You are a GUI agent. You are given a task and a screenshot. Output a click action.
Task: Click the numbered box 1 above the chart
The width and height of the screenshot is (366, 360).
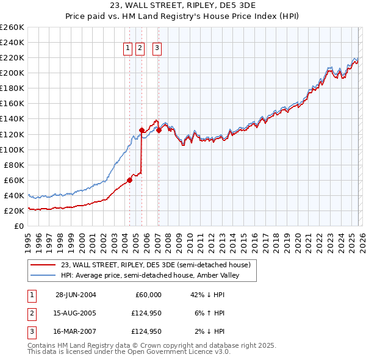coord(128,49)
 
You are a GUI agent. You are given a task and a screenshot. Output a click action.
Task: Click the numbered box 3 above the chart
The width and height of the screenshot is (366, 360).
coord(157,49)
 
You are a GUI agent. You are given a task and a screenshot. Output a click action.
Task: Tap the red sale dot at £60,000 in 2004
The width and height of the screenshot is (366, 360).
coord(130,180)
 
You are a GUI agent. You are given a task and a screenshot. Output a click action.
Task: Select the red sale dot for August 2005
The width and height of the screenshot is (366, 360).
coord(142,130)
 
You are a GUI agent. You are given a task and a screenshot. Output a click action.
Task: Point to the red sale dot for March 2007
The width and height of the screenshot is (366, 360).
coord(159,130)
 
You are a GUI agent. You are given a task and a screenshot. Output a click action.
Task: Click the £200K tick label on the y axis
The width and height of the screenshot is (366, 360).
coord(12,73)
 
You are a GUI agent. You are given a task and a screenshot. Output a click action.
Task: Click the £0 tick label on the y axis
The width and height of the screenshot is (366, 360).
coord(19,226)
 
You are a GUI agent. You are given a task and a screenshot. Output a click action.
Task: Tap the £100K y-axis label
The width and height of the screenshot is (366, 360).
coord(12,149)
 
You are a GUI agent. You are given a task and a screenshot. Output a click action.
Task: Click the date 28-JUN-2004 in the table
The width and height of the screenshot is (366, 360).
coord(76,295)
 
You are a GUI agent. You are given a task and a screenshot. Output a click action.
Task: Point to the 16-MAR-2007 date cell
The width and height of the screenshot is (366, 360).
coord(76,332)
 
